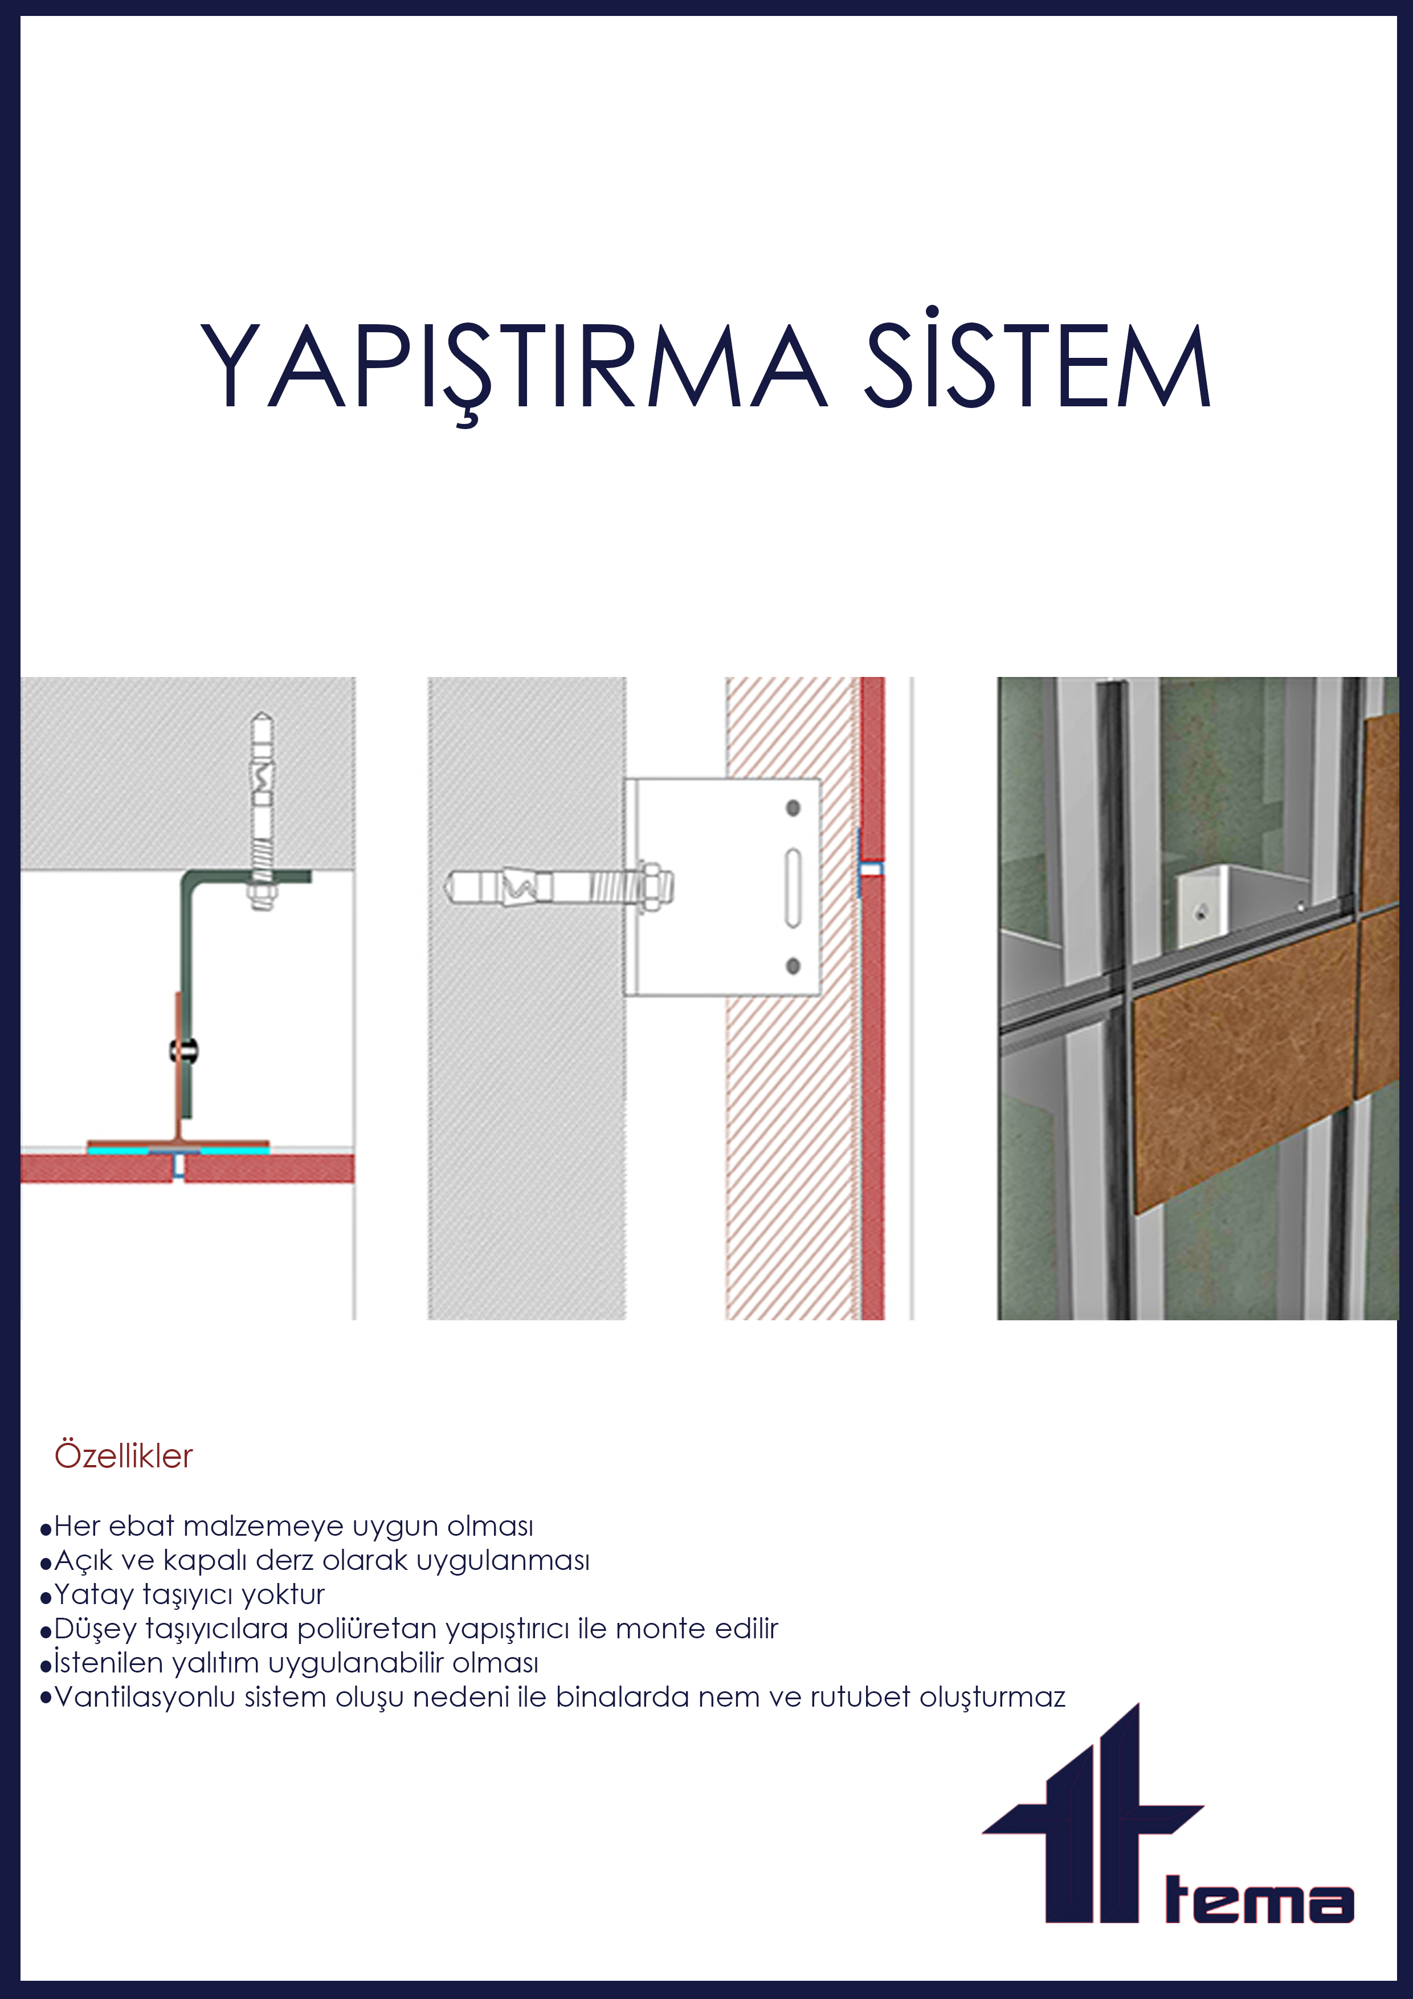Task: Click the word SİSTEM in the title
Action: point(1036,366)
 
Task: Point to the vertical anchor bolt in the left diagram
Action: point(262,810)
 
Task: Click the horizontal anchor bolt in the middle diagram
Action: point(557,887)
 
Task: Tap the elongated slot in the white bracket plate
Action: point(793,887)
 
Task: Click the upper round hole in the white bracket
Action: point(793,808)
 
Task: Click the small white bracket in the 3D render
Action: point(1206,905)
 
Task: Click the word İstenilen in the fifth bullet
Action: point(109,1662)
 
